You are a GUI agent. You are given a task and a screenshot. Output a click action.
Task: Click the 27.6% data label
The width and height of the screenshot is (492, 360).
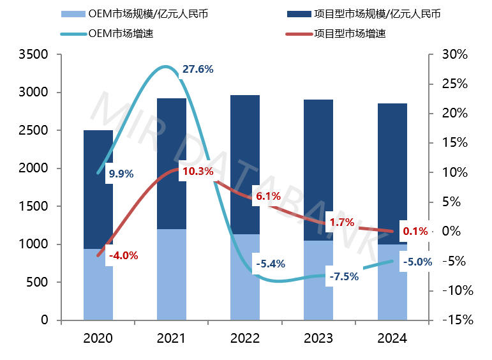tap(197, 68)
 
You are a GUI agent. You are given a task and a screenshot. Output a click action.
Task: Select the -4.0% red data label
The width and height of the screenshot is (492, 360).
tap(124, 256)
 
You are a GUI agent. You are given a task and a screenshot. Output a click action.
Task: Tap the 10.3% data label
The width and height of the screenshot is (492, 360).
tap(197, 171)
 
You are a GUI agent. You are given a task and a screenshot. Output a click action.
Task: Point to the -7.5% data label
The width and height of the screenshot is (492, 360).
tap(344, 276)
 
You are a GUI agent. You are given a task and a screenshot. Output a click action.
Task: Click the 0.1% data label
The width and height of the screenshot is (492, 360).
tap(415, 231)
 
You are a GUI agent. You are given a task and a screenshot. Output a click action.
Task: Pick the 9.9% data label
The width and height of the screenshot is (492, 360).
tap(121, 173)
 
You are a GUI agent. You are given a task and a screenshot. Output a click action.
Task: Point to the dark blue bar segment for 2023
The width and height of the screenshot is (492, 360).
tap(318, 170)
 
